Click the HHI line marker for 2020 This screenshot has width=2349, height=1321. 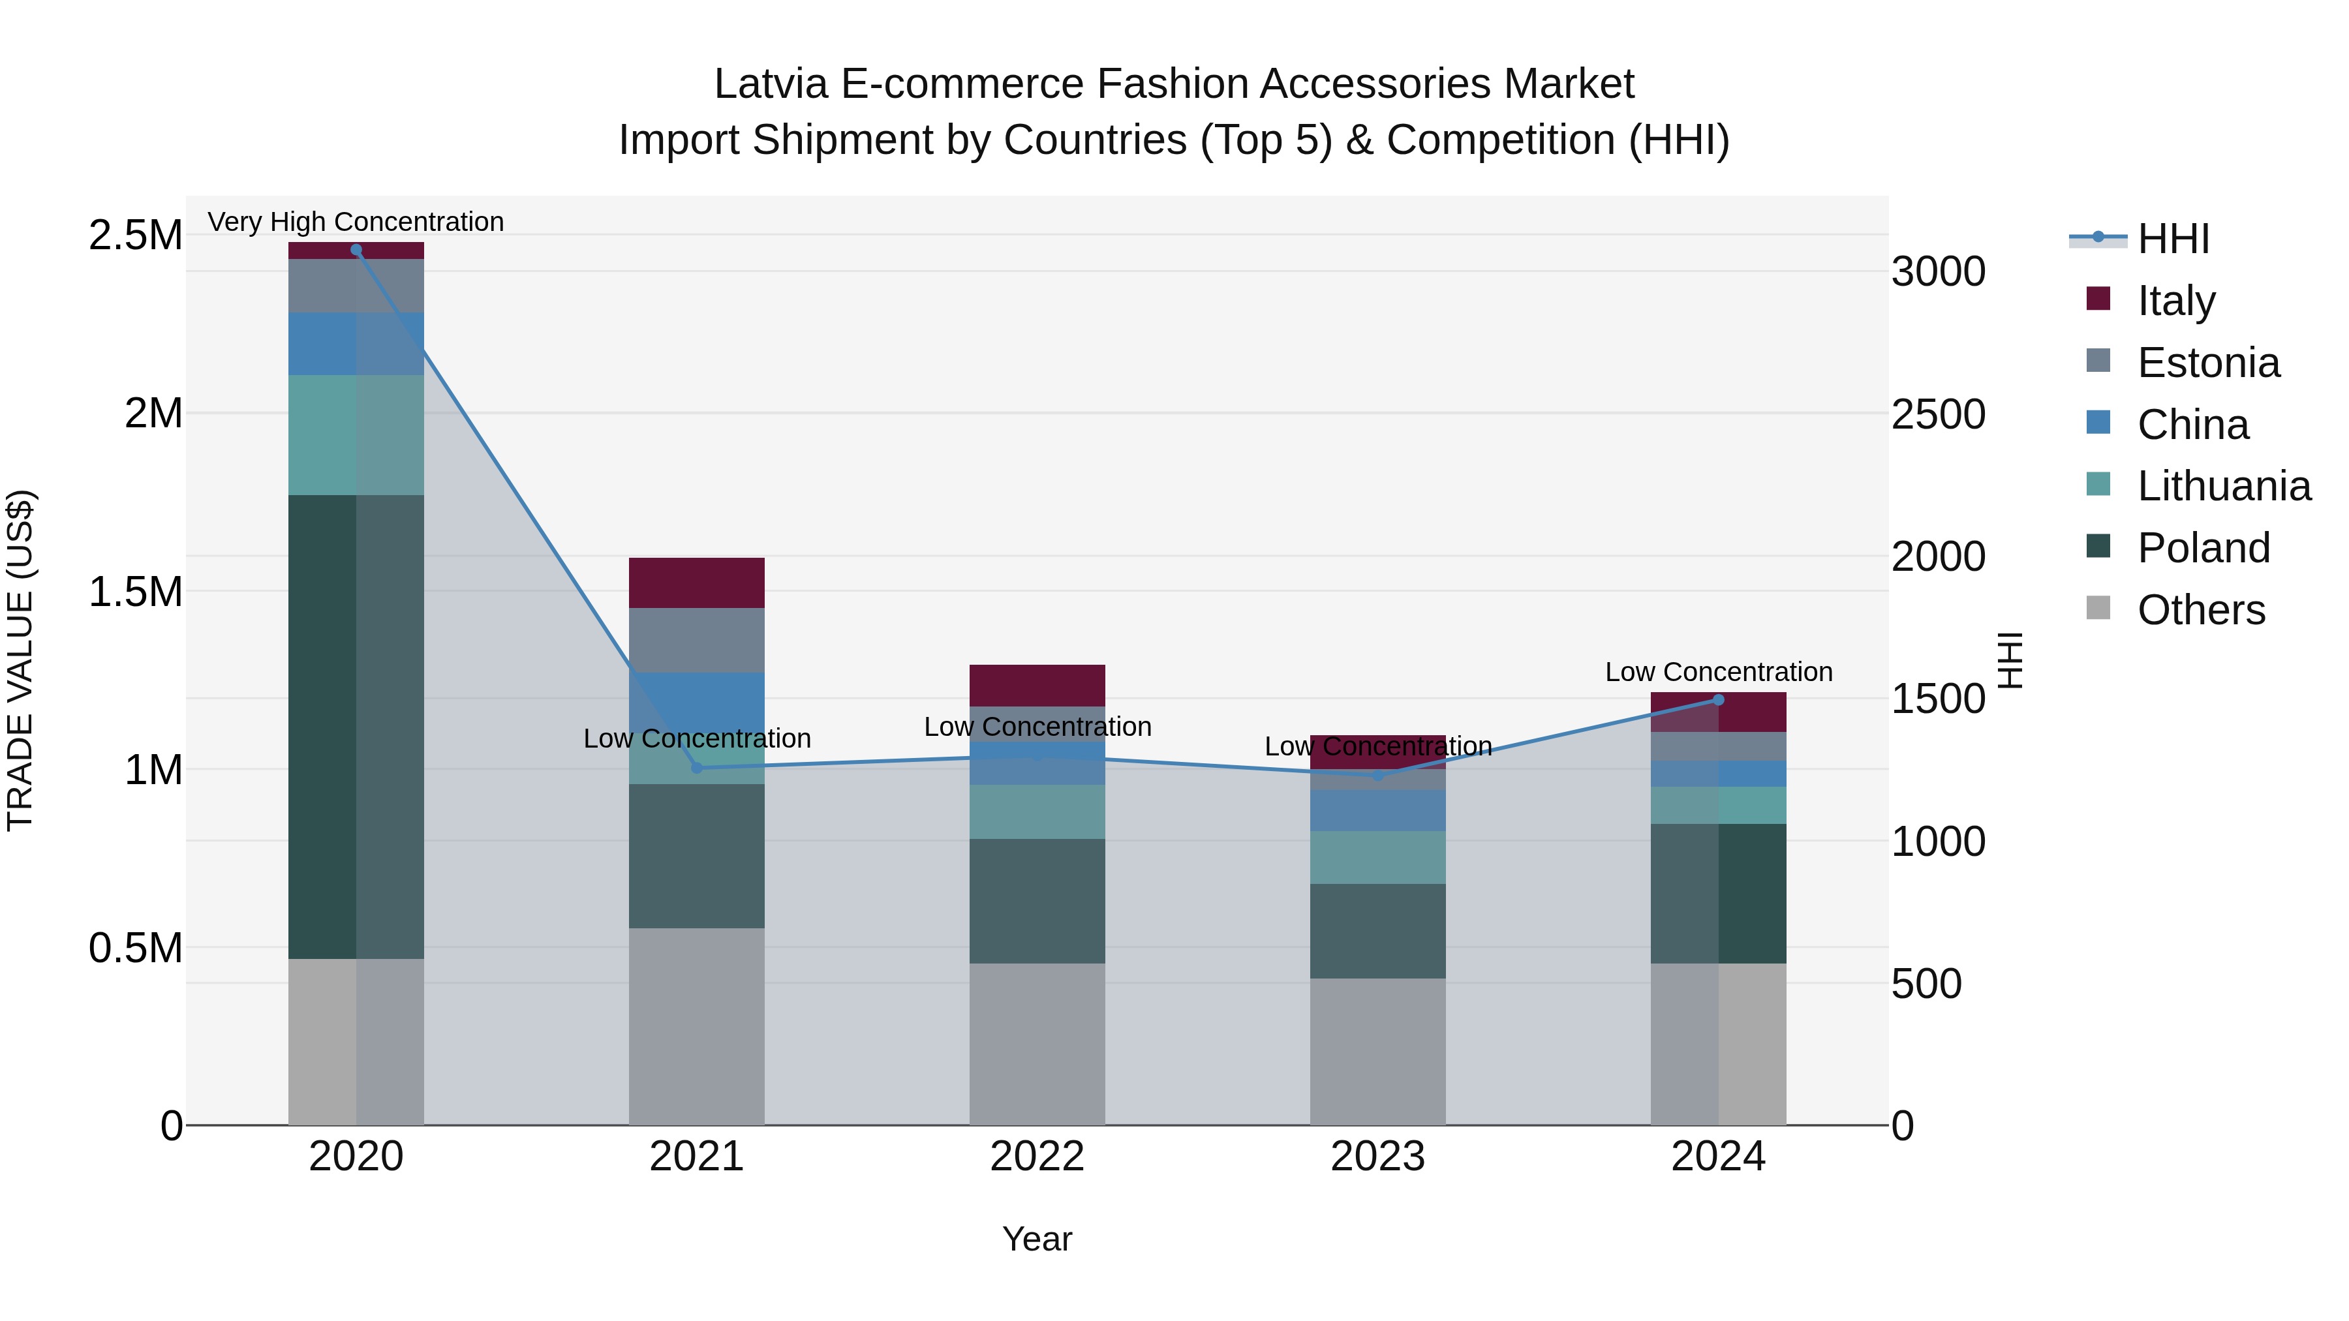(356, 249)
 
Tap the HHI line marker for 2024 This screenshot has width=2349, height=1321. (1718, 700)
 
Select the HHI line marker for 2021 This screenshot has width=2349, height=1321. (697, 768)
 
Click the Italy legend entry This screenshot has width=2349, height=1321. (2175, 300)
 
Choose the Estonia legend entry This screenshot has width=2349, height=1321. (2207, 362)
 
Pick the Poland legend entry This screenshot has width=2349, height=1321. (2203, 548)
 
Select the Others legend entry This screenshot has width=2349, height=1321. (2200, 609)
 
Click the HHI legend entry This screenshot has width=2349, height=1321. (2173, 239)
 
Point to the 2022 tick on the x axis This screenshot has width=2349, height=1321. (1037, 1156)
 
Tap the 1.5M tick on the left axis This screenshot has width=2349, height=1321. (136, 592)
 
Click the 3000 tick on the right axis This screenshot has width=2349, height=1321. (1938, 271)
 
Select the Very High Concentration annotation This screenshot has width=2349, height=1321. (356, 222)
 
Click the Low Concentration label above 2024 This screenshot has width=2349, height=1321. (1718, 672)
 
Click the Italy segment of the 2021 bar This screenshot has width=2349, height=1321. (697, 583)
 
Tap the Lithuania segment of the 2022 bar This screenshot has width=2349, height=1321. (1037, 812)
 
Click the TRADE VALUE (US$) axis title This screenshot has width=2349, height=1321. (20, 660)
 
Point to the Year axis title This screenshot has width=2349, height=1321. (1037, 1239)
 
